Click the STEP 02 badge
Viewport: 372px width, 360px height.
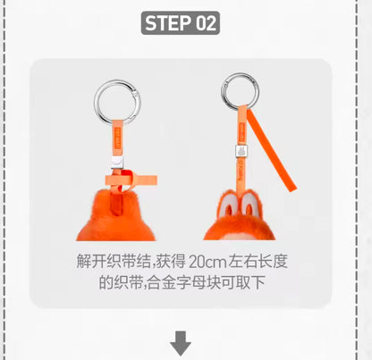pos(181,23)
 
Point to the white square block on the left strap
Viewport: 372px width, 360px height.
pos(117,163)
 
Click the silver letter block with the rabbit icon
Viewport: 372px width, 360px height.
pos(242,152)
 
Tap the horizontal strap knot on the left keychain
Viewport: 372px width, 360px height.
pos(131,180)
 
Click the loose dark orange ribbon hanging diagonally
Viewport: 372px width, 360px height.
pos(271,150)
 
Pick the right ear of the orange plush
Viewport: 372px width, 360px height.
pos(249,205)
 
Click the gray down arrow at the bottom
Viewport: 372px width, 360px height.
pos(181,343)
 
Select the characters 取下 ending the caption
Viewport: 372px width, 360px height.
pos(250,282)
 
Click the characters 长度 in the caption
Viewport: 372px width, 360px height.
pos(275,262)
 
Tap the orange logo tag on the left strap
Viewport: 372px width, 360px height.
pos(117,138)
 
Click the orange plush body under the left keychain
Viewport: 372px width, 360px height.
pos(116,216)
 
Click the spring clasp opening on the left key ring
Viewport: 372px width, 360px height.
pos(136,95)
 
